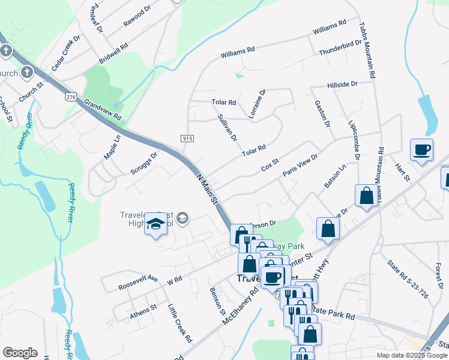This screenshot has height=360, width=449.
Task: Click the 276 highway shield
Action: click(72, 97)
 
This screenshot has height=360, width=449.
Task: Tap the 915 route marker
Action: click(187, 139)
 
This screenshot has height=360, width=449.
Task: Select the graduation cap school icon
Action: click(156, 224)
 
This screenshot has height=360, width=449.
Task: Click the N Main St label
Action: click(207, 188)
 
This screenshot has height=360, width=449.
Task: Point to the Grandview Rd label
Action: click(103, 109)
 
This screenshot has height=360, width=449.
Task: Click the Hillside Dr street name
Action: click(342, 85)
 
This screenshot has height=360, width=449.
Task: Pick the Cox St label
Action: click(270, 164)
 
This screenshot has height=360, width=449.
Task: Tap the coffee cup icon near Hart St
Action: click(421, 149)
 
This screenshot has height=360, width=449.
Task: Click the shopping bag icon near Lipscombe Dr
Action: click(366, 196)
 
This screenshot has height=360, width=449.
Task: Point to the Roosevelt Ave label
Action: click(137, 279)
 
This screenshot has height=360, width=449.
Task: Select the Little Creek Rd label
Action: click(179, 323)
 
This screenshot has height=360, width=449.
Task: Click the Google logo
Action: click(20, 353)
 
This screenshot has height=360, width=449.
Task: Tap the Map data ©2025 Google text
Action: click(412, 355)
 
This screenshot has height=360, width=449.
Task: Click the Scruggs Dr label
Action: click(144, 163)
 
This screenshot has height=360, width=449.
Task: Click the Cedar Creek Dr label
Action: click(65, 53)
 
